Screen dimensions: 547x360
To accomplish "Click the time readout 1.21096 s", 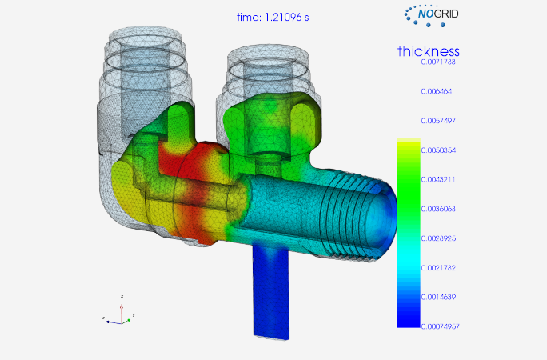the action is click(x=273, y=17).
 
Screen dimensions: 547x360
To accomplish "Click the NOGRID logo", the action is click(x=432, y=15).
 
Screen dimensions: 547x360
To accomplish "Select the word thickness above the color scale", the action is click(x=429, y=51).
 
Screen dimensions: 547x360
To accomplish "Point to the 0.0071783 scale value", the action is click(x=438, y=62).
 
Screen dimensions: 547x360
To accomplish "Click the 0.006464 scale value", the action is click(x=437, y=91).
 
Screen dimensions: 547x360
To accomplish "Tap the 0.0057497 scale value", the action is click(x=438, y=121).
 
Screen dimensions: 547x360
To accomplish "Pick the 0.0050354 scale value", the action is click(x=438, y=150).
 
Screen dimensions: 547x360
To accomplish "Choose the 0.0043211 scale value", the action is click(x=438, y=180).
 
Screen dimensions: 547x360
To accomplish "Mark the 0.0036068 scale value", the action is click(x=438, y=209).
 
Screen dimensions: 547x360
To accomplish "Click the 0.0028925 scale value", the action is click(x=438, y=238).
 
